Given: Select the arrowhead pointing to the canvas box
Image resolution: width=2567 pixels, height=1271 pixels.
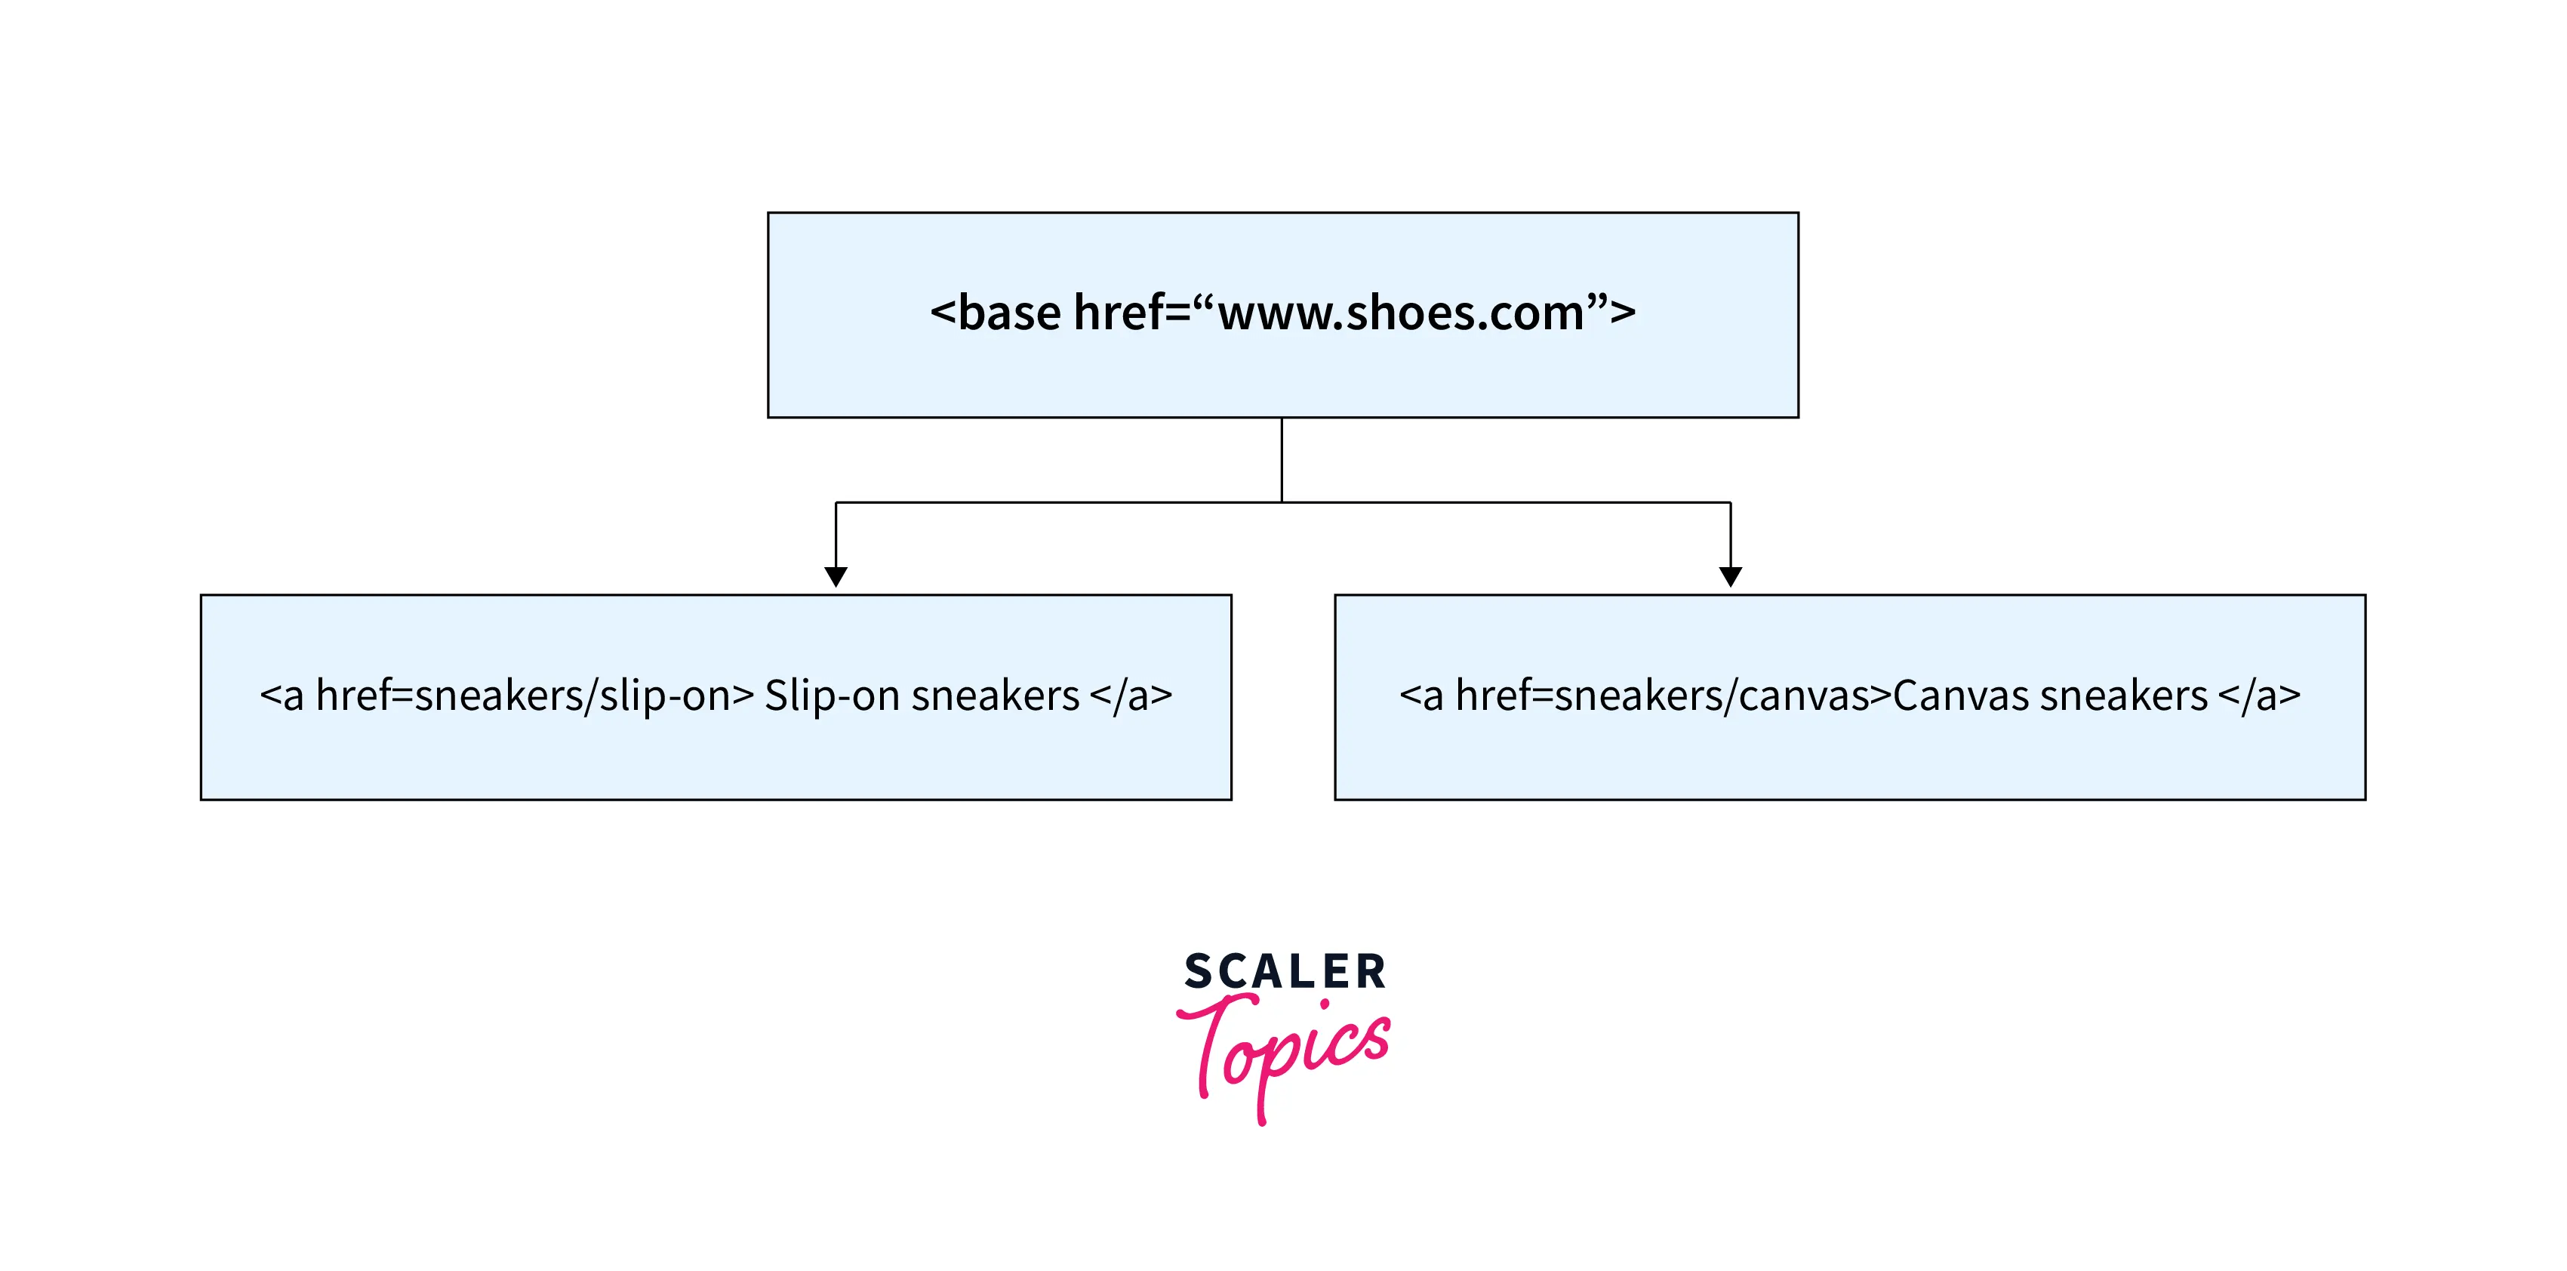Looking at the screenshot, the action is (1730, 576).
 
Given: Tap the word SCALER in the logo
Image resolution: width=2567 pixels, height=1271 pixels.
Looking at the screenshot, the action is (1285, 971).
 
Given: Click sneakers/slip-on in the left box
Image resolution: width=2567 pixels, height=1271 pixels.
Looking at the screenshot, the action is (572, 696).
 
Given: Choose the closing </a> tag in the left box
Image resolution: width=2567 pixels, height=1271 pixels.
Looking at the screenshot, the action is (1131, 696).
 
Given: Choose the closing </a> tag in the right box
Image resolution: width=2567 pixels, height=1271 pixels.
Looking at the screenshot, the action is (2259, 696).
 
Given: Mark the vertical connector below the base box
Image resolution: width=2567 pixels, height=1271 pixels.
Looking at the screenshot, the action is (1282, 458).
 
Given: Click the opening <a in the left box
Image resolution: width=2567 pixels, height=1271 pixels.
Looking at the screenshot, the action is (281, 696).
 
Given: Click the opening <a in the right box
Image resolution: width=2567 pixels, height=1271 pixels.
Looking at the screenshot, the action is (1421, 696).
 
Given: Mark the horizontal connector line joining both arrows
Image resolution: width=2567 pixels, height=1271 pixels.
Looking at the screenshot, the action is (1056, 502).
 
